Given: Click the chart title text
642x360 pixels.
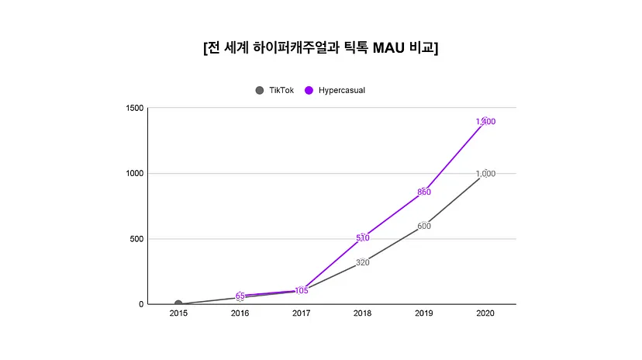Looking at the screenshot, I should tap(320, 48).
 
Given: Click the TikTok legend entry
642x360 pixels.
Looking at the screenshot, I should tap(274, 90).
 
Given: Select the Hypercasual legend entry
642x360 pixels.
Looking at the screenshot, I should tap(335, 90).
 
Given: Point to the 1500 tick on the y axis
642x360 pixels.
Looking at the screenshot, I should tap(134, 108).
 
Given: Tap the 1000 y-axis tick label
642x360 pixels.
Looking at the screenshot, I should tap(134, 174).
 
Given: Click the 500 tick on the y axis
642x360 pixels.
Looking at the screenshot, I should tap(136, 239).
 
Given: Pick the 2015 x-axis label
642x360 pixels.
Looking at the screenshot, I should tap(178, 313).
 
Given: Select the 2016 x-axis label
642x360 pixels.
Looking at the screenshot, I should tap(240, 313).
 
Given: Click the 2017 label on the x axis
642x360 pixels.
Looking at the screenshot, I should tap(302, 313).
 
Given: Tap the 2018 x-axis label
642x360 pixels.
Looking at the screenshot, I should tap(363, 313).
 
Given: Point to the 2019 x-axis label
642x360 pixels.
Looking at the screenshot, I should tap(424, 313).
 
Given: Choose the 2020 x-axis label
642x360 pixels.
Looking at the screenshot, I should tap(485, 313).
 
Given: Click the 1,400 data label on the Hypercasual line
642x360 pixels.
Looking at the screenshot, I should tap(485, 122).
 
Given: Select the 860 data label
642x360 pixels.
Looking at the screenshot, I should tap(424, 192).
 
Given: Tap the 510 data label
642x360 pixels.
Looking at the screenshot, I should tap(363, 238).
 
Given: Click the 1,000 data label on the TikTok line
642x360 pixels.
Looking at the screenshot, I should tap(485, 174).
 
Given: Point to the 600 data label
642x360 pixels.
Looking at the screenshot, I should tap(424, 226).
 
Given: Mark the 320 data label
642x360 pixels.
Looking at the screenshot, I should tap(363, 262).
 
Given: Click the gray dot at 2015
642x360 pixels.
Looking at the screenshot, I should tap(178, 304).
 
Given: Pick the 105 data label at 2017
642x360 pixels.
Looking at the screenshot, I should tap(302, 291).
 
